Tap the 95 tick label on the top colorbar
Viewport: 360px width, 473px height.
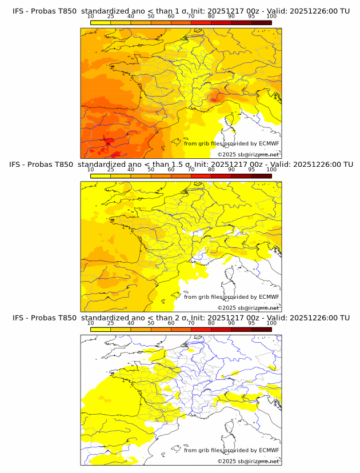[x=251, y=17]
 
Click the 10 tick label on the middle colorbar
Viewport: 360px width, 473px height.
[x=90, y=170]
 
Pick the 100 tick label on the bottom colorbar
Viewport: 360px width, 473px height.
[x=271, y=323]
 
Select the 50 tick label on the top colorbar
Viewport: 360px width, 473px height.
[x=151, y=17]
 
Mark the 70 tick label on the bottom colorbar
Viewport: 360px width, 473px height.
[x=191, y=323]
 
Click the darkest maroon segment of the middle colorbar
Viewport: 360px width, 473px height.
[x=261, y=176]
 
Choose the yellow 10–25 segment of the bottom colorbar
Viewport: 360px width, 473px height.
[x=100, y=330]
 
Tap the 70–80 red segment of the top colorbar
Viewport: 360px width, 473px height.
[x=201, y=23]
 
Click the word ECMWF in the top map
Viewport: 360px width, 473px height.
[x=269, y=144]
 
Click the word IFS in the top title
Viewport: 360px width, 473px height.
[x=18, y=11]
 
